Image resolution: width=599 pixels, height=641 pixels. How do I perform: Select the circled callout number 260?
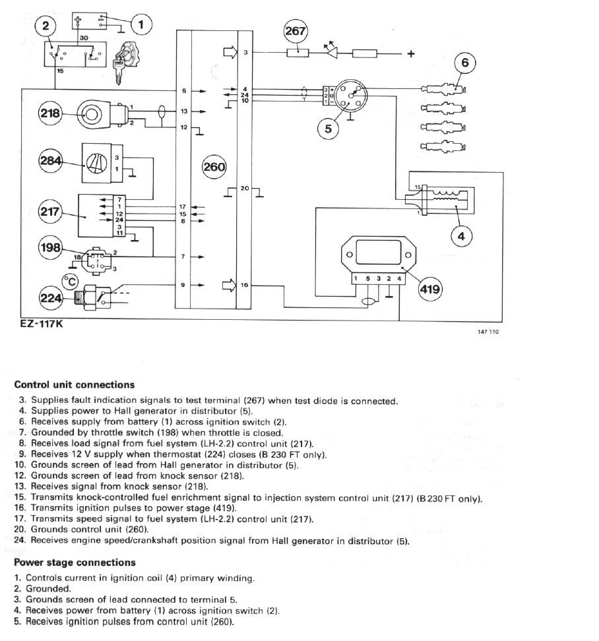coord(214,167)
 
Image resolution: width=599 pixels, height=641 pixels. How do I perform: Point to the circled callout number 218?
coord(50,113)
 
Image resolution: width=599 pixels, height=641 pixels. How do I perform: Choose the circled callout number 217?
coord(50,212)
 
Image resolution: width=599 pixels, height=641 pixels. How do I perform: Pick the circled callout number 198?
coord(50,249)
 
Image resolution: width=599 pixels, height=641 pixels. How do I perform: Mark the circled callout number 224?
coord(50,297)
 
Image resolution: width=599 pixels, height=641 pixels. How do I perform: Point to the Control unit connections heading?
coord(74,384)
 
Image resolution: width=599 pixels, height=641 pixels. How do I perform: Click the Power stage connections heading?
coord(75,563)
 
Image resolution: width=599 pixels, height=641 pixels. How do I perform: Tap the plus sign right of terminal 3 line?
coord(410,54)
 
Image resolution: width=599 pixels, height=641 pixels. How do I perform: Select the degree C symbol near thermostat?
coord(70,281)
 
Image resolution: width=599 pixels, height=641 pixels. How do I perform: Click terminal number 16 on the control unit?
coord(244,286)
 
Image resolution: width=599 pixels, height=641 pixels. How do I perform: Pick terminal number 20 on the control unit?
coord(243,189)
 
